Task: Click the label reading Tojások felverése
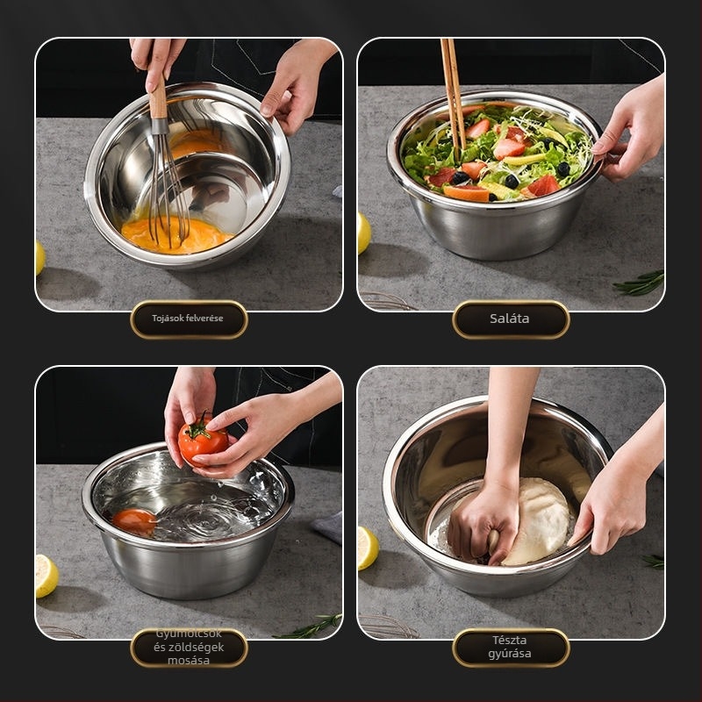click(x=188, y=319)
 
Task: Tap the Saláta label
click(x=510, y=319)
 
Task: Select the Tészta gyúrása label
click(x=510, y=647)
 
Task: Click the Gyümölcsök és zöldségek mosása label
click(x=188, y=647)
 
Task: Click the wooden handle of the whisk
click(x=158, y=102)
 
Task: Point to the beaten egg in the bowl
click(x=176, y=234)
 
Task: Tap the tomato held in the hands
click(x=203, y=441)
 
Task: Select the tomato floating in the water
click(x=134, y=522)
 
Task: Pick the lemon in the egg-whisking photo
click(x=39, y=258)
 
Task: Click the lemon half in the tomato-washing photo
click(x=47, y=576)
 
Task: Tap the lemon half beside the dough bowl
click(x=368, y=548)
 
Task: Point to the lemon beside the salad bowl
click(x=364, y=233)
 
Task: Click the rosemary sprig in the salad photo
click(x=640, y=283)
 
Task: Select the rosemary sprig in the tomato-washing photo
click(x=309, y=627)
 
